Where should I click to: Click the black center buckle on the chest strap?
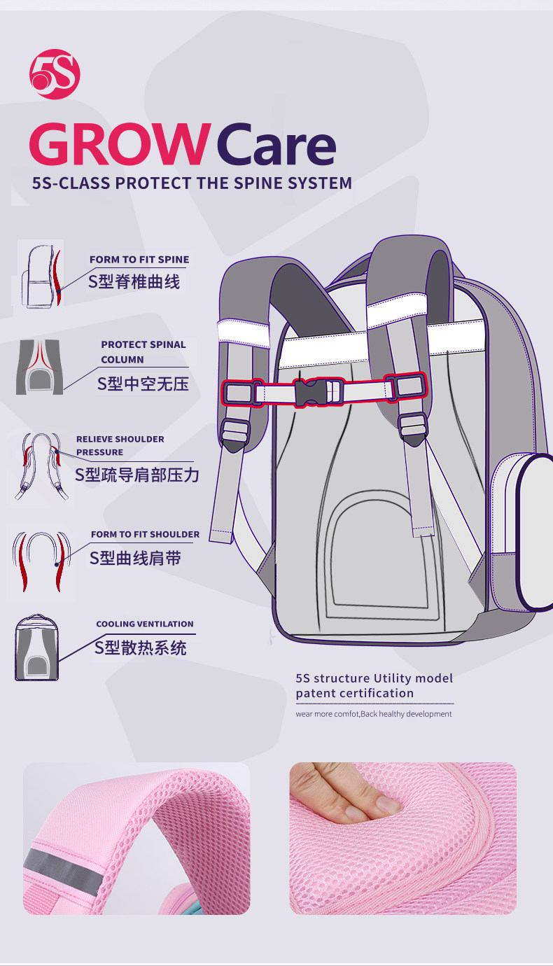[307, 392]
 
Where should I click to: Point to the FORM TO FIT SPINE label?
[139, 260]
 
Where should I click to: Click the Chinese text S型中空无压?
[143, 384]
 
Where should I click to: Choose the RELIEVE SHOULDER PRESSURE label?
[120, 445]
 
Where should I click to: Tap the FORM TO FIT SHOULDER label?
[145, 534]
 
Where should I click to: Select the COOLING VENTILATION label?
[145, 624]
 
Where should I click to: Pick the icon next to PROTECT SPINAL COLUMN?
[40, 367]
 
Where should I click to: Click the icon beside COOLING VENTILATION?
[38, 647]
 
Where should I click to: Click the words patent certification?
[354, 694]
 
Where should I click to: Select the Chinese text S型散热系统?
[141, 647]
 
